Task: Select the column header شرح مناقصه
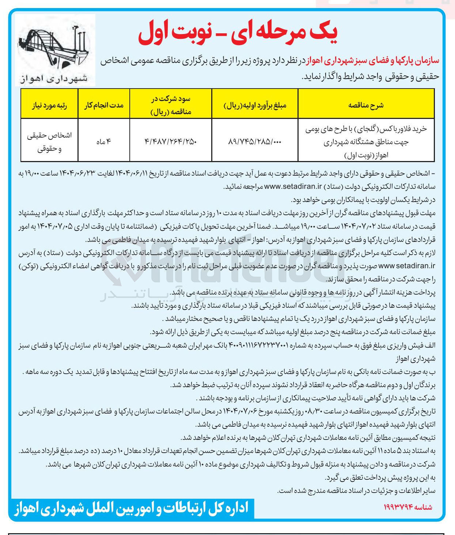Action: (366, 105)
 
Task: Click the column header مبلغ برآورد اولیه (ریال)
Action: (255, 105)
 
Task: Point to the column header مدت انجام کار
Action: (104, 105)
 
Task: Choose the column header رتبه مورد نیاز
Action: (49, 105)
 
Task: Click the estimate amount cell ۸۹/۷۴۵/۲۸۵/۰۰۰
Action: (255, 142)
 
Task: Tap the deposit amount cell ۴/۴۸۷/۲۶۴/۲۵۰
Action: (171, 142)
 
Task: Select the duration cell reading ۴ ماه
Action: (104, 142)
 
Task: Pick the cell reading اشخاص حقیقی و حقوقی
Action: (49, 142)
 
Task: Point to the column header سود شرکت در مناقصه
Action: (171, 105)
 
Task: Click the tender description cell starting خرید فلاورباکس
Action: (366, 142)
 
